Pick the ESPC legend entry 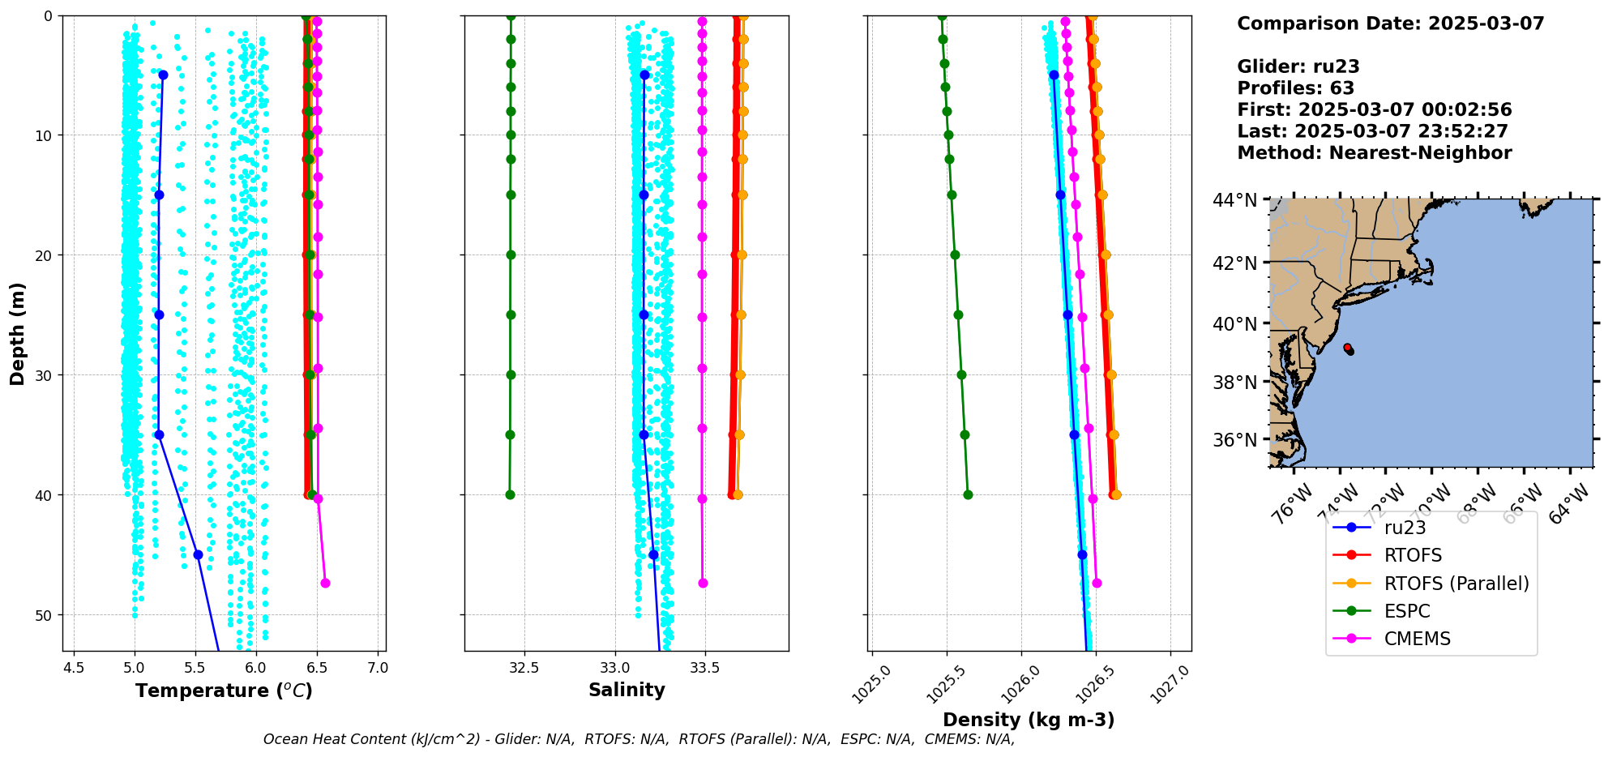[x=1407, y=611]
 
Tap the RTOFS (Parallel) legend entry [x=1456, y=584]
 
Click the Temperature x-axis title [x=224, y=691]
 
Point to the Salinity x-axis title [x=627, y=690]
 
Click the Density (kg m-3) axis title [x=1029, y=720]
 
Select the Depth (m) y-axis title [x=17, y=333]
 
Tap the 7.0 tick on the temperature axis [x=378, y=668]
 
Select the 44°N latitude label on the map [x=1234, y=199]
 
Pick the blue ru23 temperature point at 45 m [x=198, y=554]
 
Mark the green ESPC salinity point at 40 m [x=510, y=494]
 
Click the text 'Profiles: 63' [x=1295, y=88]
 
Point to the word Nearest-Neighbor [x=1420, y=153]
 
